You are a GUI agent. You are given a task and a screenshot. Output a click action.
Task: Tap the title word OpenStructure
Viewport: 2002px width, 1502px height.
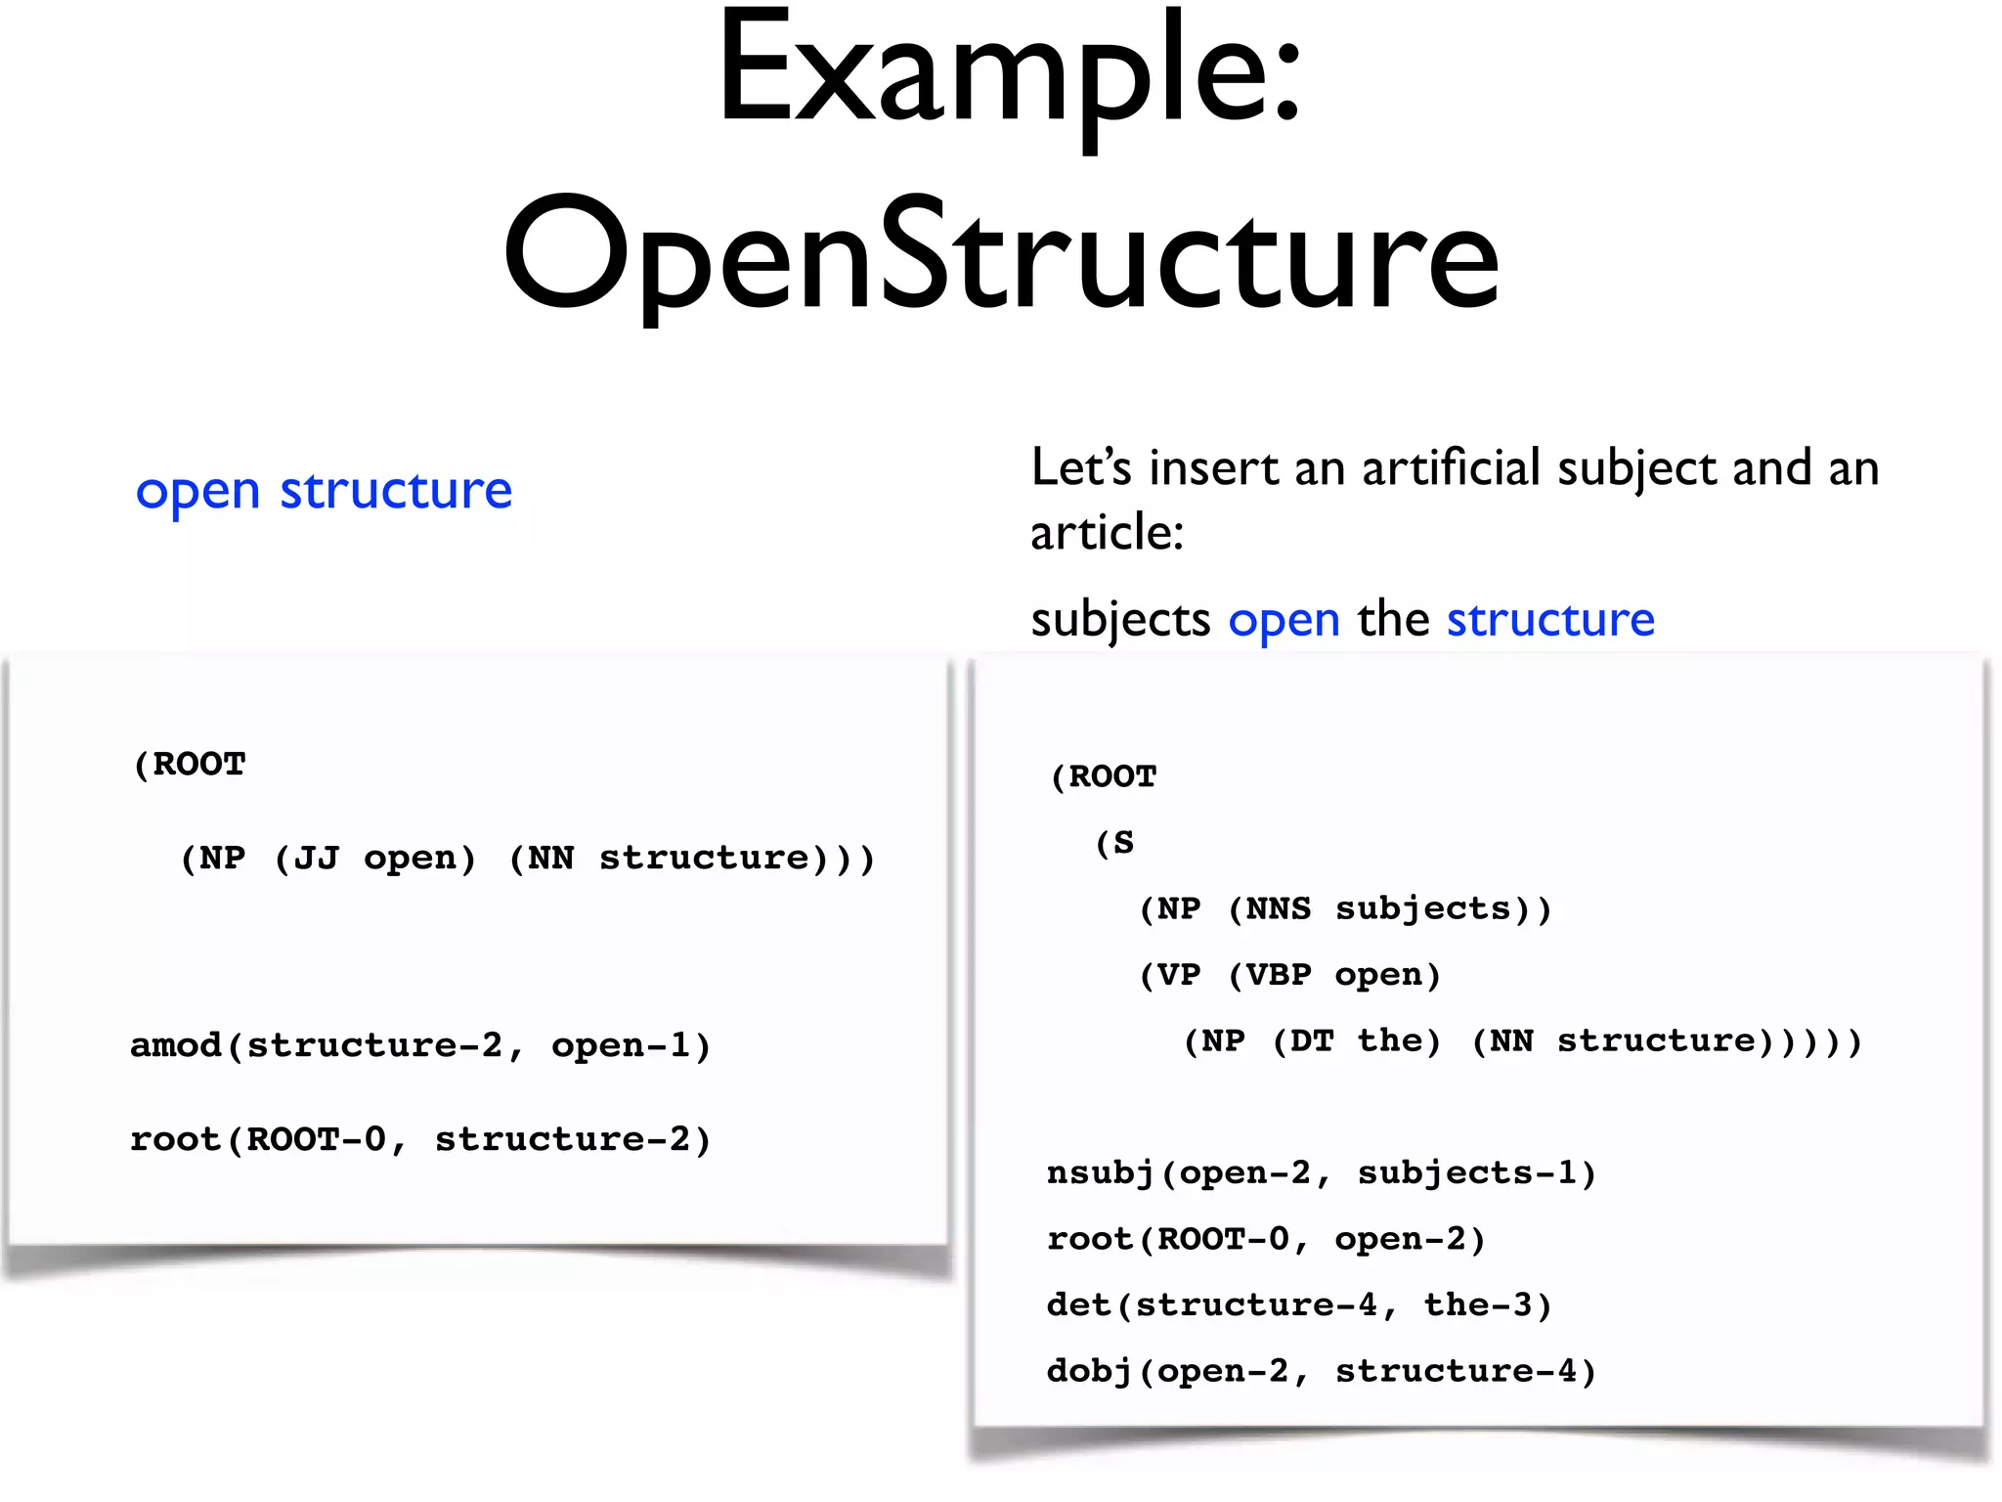[x=1001, y=256]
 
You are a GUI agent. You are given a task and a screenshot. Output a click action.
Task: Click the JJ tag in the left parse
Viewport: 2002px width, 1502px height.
[x=317, y=858]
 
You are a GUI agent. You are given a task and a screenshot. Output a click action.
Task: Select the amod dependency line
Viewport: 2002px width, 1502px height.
[x=420, y=1045]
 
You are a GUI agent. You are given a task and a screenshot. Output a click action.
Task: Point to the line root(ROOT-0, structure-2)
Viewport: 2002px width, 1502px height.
[x=420, y=1139]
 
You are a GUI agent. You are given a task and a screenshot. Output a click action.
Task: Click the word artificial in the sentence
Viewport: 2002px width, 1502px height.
[x=1451, y=467]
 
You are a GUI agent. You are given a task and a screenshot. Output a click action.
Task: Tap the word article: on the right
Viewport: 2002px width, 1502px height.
[x=1107, y=533]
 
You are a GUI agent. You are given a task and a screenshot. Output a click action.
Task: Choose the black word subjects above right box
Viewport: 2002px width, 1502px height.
[x=1120, y=620]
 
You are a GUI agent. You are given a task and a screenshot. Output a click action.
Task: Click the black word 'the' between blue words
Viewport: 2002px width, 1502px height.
[x=1393, y=620]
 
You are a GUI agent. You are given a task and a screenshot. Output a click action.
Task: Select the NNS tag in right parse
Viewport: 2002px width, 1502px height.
[x=1279, y=908]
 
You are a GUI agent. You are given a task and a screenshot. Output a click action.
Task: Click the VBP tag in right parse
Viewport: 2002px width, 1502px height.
[x=1279, y=975]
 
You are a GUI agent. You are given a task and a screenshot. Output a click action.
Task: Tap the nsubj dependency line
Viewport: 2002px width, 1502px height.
[x=1321, y=1172]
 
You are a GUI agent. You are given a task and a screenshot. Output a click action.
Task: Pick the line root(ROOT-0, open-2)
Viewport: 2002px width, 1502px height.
[x=1266, y=1239]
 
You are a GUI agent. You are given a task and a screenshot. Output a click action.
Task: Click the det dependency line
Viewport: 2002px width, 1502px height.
[x=1299, y=1304]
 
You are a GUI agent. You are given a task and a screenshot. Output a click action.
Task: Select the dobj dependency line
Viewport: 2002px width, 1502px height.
[x=1321, y=1371]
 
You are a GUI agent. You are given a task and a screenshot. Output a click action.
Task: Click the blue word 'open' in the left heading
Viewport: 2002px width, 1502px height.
[x=197, y=491]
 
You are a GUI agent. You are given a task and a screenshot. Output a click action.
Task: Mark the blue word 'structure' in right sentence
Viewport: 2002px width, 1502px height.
[x=1550, y=620]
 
